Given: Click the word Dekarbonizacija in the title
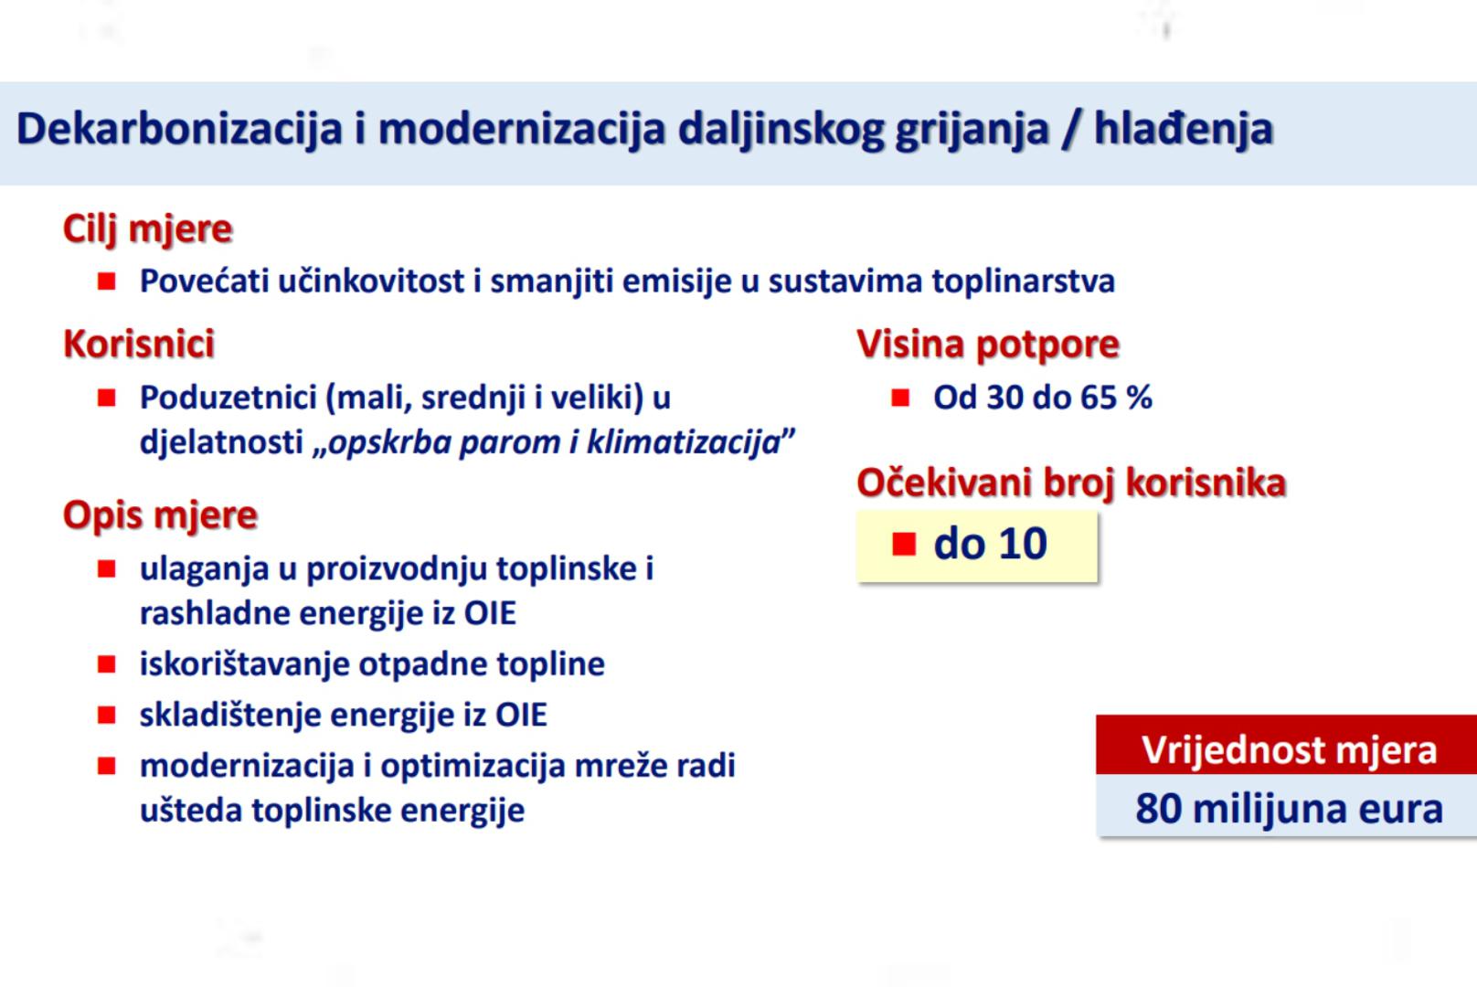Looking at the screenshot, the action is [x=179, y=129].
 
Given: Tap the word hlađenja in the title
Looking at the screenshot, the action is [x=1184, y=129].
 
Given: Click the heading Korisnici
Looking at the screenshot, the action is [x=139, y=344].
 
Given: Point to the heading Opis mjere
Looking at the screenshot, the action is [x=160, y=515].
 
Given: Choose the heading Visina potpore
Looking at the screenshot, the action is [x=988, y=345].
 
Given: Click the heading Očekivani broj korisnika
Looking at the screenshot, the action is [x=1071, y=483].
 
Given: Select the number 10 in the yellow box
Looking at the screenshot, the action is [x=1023, y=544].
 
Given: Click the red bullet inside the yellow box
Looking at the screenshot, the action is [x=904, y=544].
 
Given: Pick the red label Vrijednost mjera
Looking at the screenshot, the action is [x=1289, y=749].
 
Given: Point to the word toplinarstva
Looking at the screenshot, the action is [x=1024, y=282].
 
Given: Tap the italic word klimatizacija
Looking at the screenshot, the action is [x=684, y=442].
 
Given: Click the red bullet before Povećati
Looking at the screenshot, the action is [x=107, y=281].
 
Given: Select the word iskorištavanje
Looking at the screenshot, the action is [x=245, y=663].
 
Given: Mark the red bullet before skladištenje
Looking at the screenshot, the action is [x=107, y=715].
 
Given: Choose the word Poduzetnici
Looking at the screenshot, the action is [x=228, y=398].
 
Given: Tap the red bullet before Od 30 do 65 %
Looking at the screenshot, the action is [x=900, y=398].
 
